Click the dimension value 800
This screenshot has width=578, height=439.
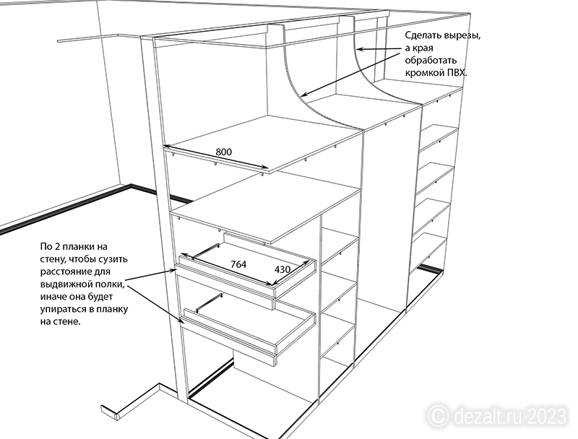tap(224, 152)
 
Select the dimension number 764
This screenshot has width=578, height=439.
tap(238, 264)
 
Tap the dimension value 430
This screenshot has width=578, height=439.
tap(282, 269)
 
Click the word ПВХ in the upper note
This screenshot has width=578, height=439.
tap(457, 72)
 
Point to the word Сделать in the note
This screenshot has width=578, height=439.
tap(423, 35)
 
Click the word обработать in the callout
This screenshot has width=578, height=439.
tap(431, 61)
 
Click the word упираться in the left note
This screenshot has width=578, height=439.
tap(61, 309)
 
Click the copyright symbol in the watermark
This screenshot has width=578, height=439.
tap(439, 417)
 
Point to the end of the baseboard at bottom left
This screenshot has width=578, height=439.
tap(117, 417)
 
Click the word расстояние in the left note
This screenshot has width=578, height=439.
tap(75, 271)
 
